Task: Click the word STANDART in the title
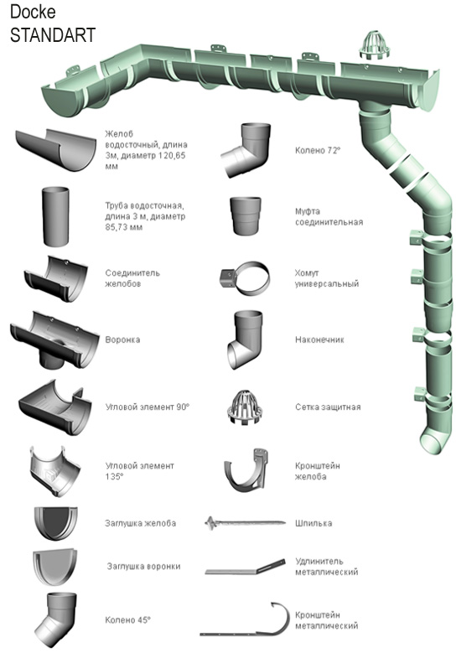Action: point(53,35)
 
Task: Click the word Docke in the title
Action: point(33,12)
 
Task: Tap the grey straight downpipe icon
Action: point(55,216)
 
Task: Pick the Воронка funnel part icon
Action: point(54,340)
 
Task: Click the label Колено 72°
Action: point(318,150)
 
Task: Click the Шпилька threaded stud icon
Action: point(246,522)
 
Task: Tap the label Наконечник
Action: point(319,339)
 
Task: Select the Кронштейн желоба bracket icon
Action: point(246,470)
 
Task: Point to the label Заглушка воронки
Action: point(143,567)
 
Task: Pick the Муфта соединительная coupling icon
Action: point(246,216)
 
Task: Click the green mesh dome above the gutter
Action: point(375,44)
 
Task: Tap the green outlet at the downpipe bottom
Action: point(435,438)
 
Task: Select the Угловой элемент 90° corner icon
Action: point(55,407)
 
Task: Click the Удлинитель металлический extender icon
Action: point(246,567)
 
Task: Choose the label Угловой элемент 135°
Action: point(139,471)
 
